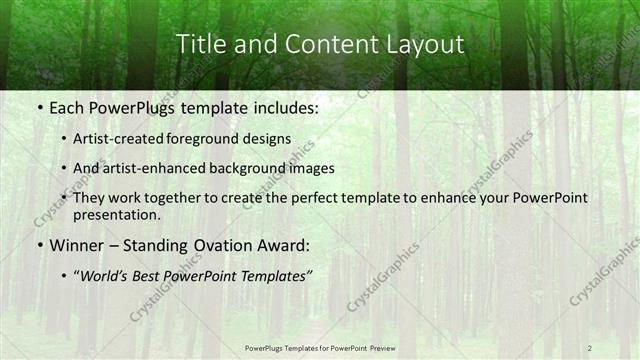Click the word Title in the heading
pos(199,44)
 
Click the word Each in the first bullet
pos(67,105)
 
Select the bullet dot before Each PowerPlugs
pos(38,105)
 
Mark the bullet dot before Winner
pos(38,246)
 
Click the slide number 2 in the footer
pos(590,347)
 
